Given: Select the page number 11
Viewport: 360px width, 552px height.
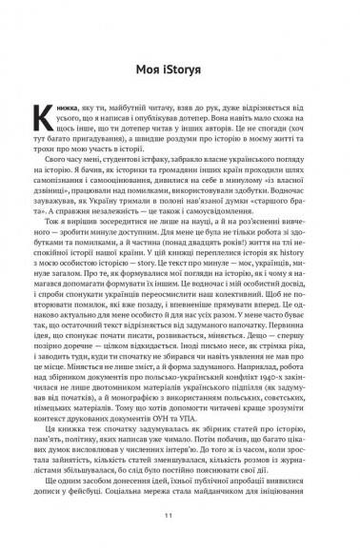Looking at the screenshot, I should pos(179,515).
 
